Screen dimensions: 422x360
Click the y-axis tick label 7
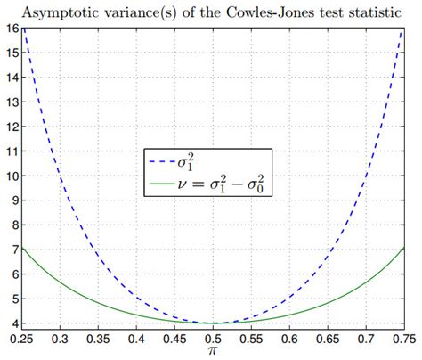[15, 250]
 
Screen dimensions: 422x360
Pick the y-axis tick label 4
[15, 323]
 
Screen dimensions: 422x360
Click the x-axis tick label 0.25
[21, 340]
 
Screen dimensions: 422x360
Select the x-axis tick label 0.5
[213, 340]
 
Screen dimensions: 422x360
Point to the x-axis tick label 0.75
[404, 340]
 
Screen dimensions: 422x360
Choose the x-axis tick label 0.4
[136, 340]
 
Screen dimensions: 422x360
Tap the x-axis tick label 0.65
[328, 340]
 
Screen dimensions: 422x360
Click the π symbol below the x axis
[213, 351]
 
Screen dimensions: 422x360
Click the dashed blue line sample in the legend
[162, 162]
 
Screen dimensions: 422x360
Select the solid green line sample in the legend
[162, 184]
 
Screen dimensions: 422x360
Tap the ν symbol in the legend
[182, 184]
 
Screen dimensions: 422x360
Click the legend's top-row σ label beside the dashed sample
[185, 162]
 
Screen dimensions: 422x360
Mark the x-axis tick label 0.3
[60, 340]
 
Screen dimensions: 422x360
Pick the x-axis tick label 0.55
[251, 340]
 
